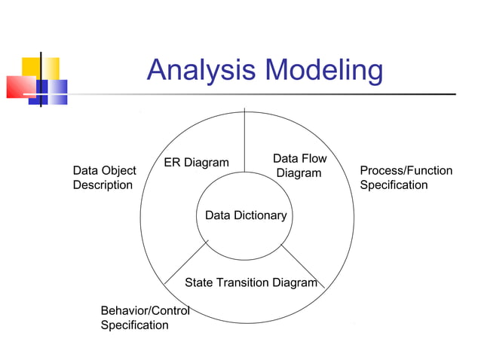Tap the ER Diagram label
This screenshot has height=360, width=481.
(196, 163)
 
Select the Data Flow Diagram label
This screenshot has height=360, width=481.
(299, 166)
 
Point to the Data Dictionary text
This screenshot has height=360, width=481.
(246, 215)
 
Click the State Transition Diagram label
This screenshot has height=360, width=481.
(251, 282)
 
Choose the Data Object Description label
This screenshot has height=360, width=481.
(104, 178)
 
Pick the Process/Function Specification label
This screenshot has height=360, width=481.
(406, 178)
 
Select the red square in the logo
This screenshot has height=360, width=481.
(18, 87)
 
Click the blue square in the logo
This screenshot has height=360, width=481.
(54, 90)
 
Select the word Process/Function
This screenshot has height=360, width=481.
(406, 170)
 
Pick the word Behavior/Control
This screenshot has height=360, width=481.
(145, 310)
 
